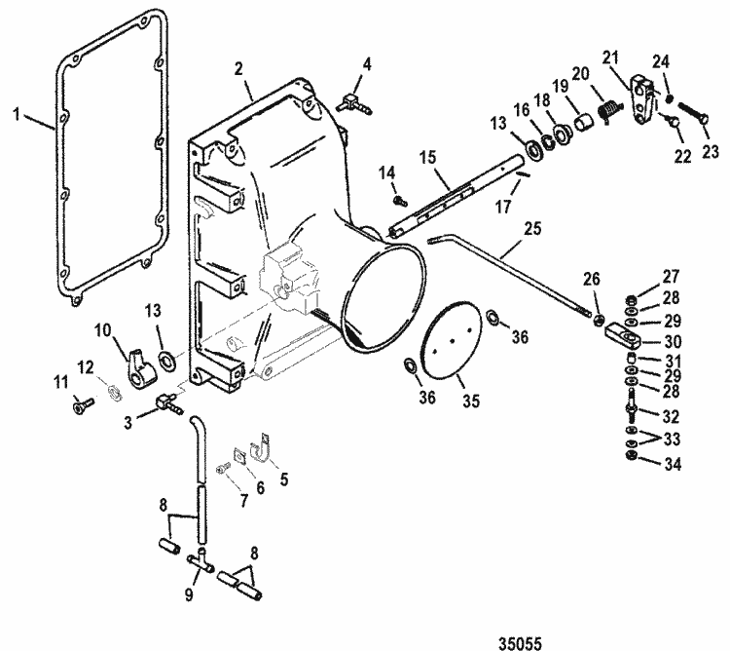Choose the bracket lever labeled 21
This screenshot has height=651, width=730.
tap(640, 99)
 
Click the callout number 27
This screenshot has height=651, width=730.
tap(673, 276)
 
